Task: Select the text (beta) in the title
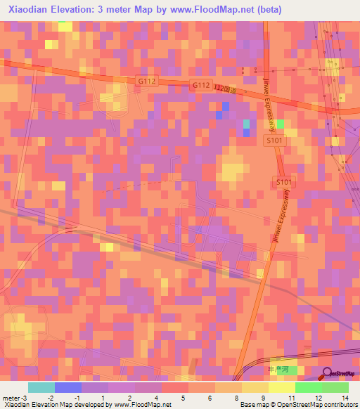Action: point(267,10)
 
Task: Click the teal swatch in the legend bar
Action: point(41,387)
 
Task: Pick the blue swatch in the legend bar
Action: point(67,387)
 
